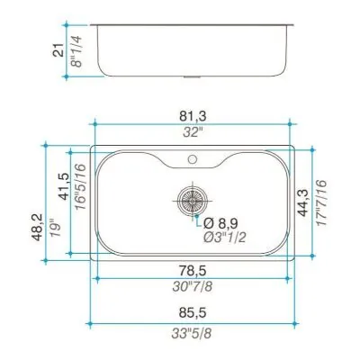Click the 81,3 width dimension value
click(193, 116)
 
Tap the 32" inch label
click(193, 131)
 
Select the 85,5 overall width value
click(193, 313)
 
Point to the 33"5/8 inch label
click(192, 333)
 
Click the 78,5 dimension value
click(193, 271)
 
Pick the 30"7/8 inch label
click(193, 286)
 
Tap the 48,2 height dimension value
click(38, 228)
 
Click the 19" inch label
click(56, 229)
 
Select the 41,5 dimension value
click(64, 186)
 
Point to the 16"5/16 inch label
click(81, 187)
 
